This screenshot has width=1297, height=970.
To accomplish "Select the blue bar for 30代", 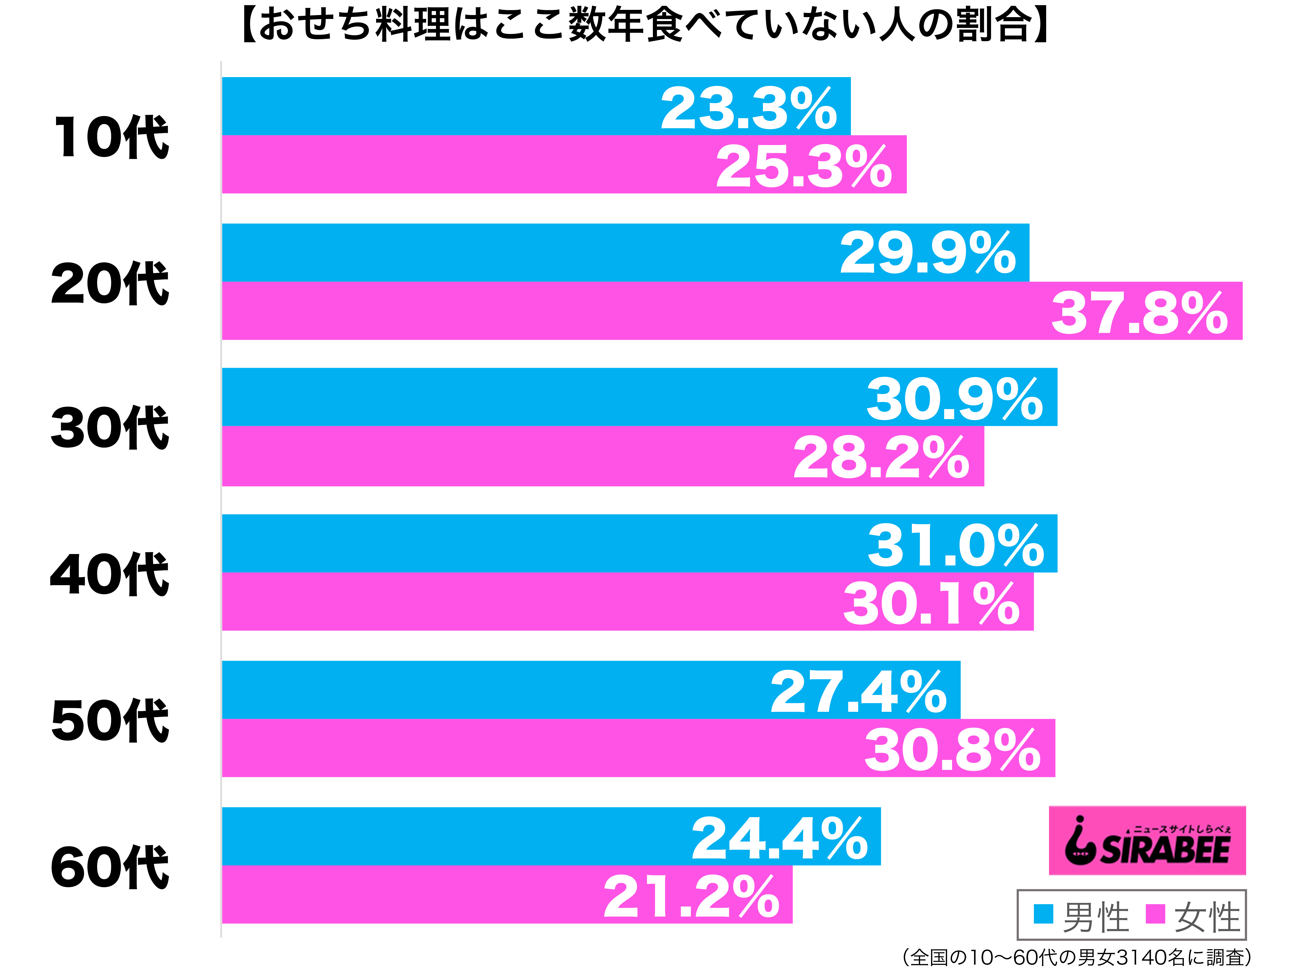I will [x=639, y=397].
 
